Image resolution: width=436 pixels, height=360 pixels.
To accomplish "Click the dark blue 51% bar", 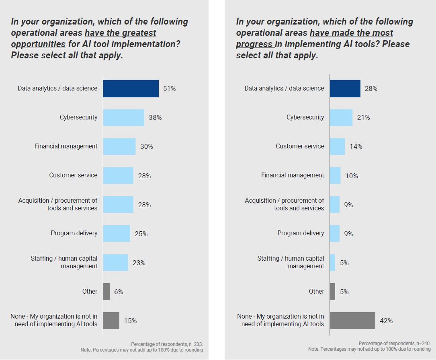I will click(131, 88).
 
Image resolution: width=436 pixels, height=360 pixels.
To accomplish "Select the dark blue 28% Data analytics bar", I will click(345, 88).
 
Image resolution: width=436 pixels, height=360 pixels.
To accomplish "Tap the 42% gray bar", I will click(352, 321).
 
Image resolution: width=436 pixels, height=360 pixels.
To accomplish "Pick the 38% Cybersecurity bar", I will click(124, 117).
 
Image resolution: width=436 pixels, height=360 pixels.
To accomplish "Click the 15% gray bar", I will click(111, 321).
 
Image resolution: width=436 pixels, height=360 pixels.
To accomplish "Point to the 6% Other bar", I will click(106, 292).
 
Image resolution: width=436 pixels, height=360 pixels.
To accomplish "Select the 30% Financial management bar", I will click(119, 146).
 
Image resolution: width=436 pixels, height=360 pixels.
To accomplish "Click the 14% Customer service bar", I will click(338, 146).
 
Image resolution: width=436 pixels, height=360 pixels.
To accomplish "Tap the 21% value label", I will click(363, 118).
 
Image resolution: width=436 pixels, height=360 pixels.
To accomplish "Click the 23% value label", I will click(139, 263).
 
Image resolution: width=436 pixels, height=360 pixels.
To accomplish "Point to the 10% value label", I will click(351, 176).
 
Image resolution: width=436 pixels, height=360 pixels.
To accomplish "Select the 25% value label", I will click(141, 234).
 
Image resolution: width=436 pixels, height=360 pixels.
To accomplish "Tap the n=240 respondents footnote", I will click(395, 344).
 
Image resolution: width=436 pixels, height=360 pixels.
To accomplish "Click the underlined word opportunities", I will click(38, 44).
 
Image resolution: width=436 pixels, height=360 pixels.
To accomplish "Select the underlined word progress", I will click(255, 44).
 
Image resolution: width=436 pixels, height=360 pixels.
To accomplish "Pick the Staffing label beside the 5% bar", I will click(291, 262).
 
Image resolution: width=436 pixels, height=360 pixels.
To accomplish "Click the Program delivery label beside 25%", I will click(74, 233).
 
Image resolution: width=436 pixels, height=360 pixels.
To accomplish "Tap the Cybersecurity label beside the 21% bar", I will click(305, 117).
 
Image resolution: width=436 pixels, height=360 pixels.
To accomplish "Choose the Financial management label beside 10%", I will click(293, 175).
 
